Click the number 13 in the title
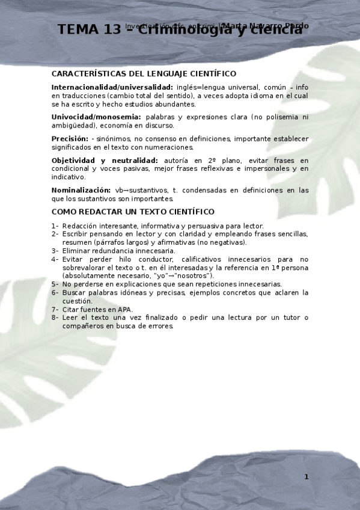(x=111, y=29)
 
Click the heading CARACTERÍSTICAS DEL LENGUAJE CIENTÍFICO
(x=144, y=73)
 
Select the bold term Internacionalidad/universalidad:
(x=112, y=87)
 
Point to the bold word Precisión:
(x=70, y=139)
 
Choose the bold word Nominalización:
(x=81, y=190)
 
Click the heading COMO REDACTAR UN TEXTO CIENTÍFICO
(x=133, y=212)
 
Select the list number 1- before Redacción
(x=55, y=226)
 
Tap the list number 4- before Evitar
(x=55, y=259)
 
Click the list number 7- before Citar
(x=55, y=309)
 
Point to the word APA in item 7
(x=125, y=309)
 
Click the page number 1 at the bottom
(x=306, y=477)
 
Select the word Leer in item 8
(x=70, y=318)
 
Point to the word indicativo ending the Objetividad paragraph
(x=68, y=177)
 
